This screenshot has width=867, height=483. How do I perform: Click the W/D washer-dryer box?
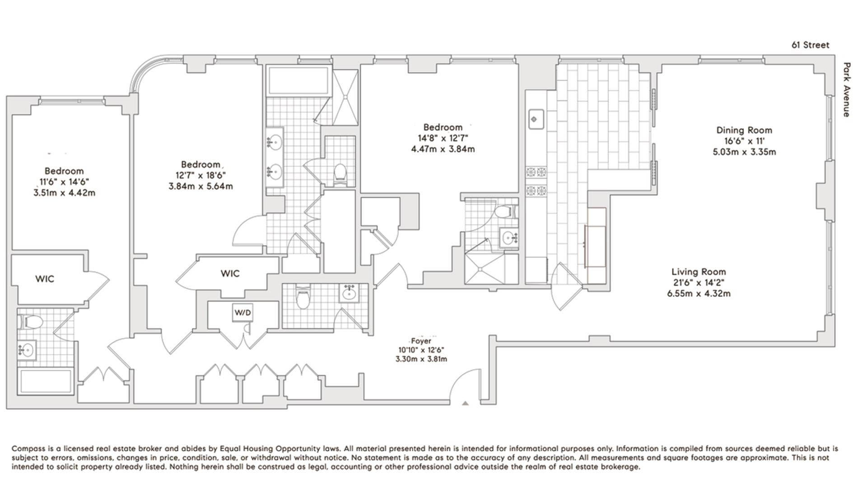point(242,312)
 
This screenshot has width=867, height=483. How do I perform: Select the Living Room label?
point(699,272)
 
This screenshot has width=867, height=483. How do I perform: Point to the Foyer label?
point(421,341)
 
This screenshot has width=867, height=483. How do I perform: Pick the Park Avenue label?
point(846,89)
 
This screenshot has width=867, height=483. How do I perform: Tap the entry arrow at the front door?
point(466,403)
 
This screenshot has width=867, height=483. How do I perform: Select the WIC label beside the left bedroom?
point(45,279)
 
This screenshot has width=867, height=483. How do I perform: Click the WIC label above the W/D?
point(230,274)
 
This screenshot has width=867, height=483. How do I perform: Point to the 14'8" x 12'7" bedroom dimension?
point(443,138)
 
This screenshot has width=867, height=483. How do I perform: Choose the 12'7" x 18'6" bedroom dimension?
point(200,175)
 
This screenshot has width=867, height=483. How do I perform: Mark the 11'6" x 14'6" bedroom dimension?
point(64,182)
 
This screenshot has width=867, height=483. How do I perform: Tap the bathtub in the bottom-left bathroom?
point(45,381)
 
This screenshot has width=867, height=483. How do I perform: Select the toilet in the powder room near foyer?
point(302,298)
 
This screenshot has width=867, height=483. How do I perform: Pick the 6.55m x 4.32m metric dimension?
point(699,293)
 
